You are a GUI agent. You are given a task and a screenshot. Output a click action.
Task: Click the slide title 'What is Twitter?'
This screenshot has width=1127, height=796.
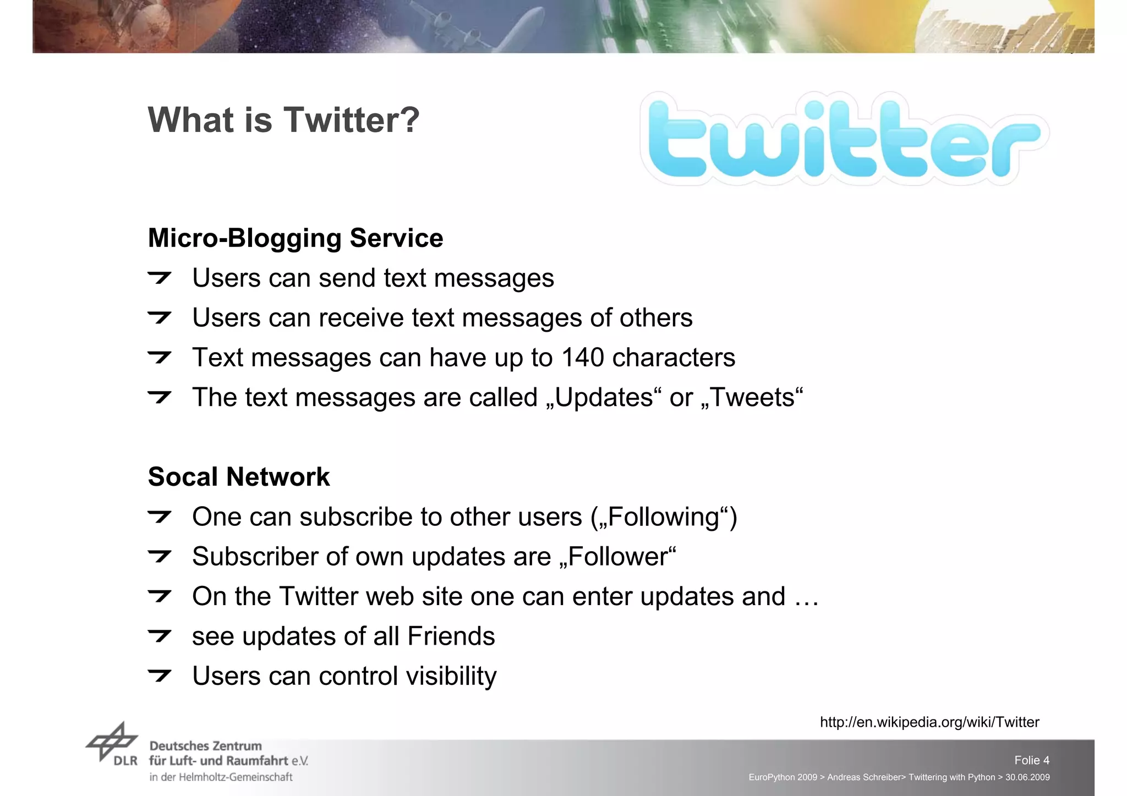[283, 120]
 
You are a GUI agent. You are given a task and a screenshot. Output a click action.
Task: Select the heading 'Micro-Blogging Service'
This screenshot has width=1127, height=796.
[296, 238]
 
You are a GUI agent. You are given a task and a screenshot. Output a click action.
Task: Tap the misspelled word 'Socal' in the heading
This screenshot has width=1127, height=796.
[183, 477]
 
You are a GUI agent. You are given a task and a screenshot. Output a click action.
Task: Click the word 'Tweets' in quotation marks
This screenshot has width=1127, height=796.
[753, 397]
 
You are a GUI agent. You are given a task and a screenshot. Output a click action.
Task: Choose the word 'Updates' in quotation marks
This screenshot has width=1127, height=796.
[604, 397]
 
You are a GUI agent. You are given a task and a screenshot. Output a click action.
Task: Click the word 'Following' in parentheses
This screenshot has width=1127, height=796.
[664, 517]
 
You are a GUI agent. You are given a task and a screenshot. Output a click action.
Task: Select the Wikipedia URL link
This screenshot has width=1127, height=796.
[929, 722]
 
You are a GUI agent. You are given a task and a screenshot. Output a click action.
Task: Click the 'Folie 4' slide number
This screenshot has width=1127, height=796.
[1031, 760]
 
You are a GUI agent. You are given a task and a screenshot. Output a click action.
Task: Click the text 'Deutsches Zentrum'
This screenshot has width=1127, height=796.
[205, 746]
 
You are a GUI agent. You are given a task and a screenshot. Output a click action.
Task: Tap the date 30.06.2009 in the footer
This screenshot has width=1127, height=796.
[1027, 777]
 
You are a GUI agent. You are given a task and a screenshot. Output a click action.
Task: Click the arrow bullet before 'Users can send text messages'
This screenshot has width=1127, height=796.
[160, 278]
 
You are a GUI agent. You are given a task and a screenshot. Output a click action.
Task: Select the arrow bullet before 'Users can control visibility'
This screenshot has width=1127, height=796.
[160, 676]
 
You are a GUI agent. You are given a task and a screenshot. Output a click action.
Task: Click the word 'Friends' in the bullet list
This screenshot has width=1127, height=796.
[451, 636]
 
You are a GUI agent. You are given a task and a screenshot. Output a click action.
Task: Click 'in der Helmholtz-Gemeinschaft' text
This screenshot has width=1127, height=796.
[221, 777]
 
